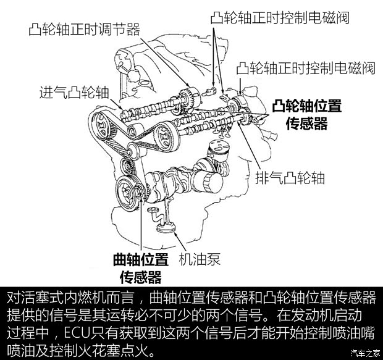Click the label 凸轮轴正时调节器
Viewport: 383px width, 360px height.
pyautogui.click(x=84, y=29)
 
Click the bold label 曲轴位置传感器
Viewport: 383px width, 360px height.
pyautogui.click(x=141, y=267)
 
